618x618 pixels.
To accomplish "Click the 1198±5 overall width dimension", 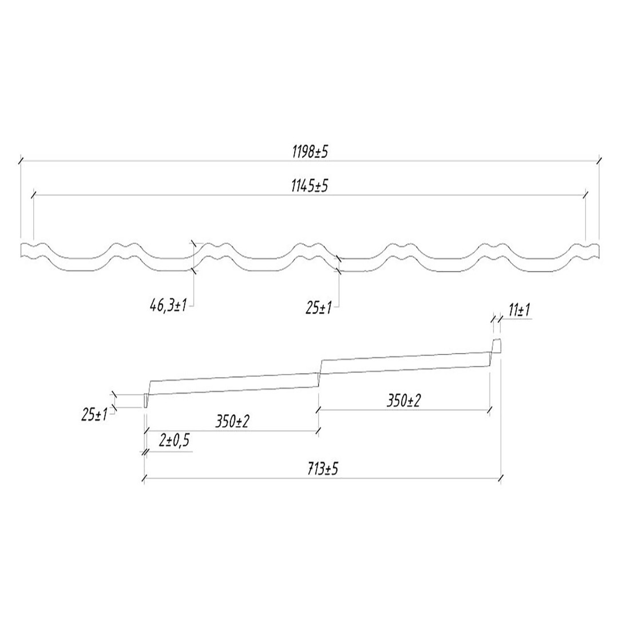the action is (310, 152).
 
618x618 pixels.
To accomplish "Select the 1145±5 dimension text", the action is (310, 186).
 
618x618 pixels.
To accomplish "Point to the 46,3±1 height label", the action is (168, 305).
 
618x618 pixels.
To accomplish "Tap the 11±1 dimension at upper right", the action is (519, 311).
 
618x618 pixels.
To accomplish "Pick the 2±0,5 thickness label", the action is (174, 441).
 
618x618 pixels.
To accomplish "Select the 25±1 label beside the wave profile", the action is (319, 308).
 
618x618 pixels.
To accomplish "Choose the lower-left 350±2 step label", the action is (232, 422).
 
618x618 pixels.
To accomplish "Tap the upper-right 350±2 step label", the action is (403, 401).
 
